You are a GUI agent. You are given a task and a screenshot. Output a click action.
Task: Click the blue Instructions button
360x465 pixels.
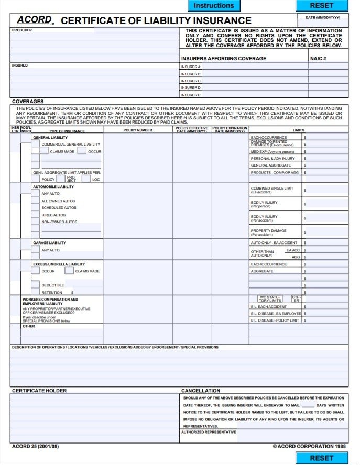click(214, 6)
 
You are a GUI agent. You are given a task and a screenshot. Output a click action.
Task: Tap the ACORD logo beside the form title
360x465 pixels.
click(34, 20)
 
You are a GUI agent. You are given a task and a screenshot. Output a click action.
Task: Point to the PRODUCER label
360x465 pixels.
click(22, 30)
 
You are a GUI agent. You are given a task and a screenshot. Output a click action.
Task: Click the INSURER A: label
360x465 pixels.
click(191, 67)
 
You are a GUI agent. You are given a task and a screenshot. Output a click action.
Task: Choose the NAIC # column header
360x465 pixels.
click(318, 59)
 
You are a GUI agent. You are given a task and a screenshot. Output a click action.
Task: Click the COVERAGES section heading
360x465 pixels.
click(28, 102)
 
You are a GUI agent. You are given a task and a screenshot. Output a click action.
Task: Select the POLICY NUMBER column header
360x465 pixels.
click(138, 130)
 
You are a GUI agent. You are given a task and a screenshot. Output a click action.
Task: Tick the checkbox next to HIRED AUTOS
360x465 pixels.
click(35, 215)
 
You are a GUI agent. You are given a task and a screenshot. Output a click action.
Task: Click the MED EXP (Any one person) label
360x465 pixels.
click(272, 152)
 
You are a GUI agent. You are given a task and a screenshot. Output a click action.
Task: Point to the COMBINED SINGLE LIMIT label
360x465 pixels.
click(272, 189)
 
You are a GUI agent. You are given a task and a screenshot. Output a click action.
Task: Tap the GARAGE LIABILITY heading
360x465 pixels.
click(49, 243)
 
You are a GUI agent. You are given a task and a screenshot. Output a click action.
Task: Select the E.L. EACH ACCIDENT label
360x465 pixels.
click(268, 307)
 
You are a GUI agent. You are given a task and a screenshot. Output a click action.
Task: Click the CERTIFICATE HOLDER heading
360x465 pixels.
click(39, 391)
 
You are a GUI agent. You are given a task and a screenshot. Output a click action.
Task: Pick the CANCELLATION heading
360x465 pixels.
click(201, 391)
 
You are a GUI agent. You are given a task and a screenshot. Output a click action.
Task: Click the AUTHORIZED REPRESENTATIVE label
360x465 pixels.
click(209, 432)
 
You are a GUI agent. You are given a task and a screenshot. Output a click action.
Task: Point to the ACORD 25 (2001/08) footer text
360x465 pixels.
click(35, 447)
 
